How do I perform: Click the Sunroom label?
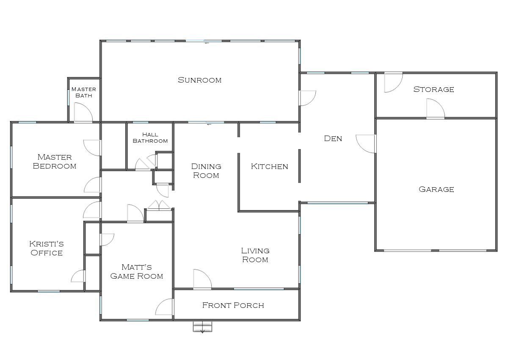(x=199, y=80)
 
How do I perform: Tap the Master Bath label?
(x=83, y=92)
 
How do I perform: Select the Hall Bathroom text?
(x=150, y=138)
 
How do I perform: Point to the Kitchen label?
(x=269, y=166)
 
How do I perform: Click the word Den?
(x=333, y=138)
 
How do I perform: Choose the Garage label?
(x=436, y=189)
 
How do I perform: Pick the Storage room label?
(x=433, y=89)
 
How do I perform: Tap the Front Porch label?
(x=233, y=305)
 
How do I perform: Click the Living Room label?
(x=255, y=255)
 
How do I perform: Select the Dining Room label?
(x=206, y=171)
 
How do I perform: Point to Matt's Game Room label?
(x=136, y=271)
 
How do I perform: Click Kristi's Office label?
(x=47, y=248)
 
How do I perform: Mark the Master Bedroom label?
(x=55, y=161)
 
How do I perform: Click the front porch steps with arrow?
(x=202, y=327)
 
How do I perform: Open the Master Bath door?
(x=83, y=113)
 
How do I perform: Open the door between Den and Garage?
(x=367, y=144)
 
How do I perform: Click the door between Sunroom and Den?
(x=307, y=98)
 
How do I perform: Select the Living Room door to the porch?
(x=202, y=280)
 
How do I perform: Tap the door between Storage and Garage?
(x=435, y=109)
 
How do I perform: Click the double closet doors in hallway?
(x=159, y=205)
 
